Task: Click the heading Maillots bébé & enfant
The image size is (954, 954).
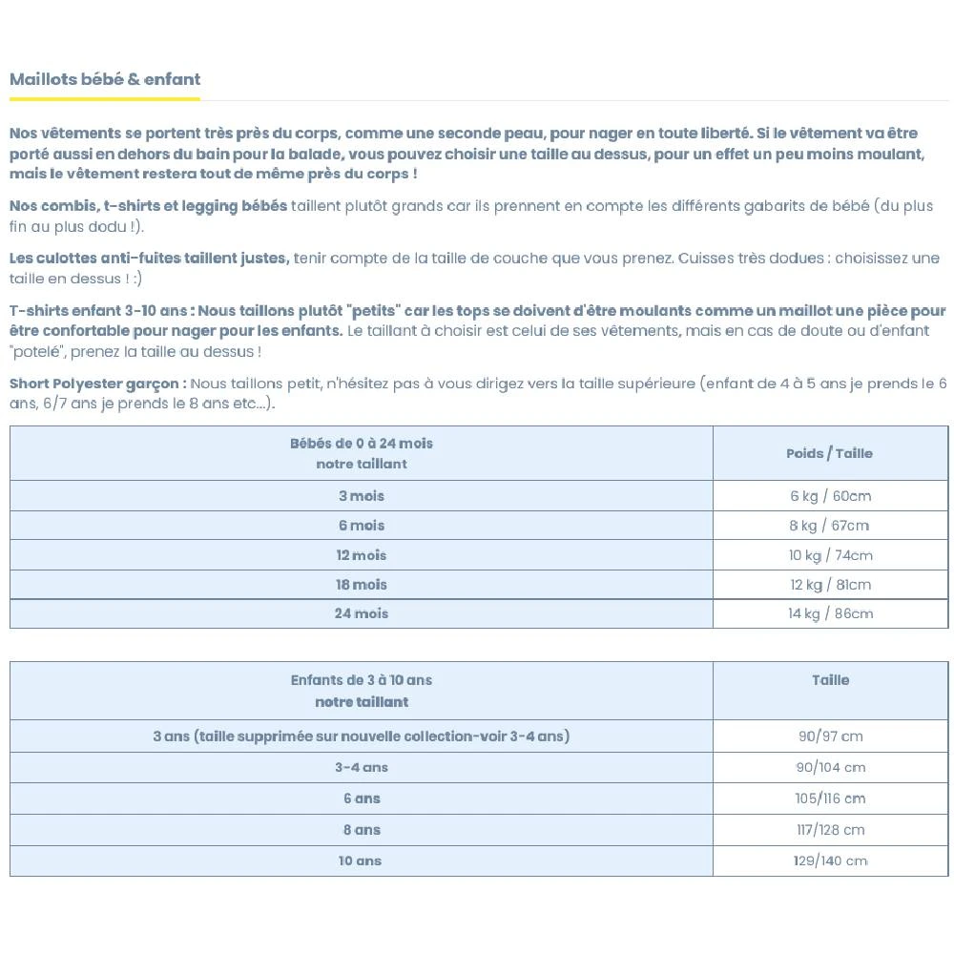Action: [105, 79]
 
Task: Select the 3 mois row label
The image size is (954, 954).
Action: [361, 496]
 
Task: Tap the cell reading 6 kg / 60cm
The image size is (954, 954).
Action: [829, 496]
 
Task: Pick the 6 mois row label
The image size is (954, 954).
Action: [361, 526]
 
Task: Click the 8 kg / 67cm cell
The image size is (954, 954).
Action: [829, 526]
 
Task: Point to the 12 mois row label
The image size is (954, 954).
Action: [361, 555]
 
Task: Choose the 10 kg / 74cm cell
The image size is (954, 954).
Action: [829, 555]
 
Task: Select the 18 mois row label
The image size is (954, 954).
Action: [361, 585]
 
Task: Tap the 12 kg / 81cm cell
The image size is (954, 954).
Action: [829, 585]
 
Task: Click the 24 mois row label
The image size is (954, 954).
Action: [361, 613]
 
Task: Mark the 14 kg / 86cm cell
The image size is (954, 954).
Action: [829, 613]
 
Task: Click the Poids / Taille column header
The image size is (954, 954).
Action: [829, 453]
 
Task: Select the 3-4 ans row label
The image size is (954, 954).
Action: [361, 767]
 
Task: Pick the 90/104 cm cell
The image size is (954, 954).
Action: [830, 767]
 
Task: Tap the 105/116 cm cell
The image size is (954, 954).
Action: [830, 798]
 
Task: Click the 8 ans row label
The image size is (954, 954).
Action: [361, 830]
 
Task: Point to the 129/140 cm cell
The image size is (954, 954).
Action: [830, 861]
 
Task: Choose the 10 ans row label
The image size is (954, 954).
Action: [360, 861]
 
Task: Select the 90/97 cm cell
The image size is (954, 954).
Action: [830, 736]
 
